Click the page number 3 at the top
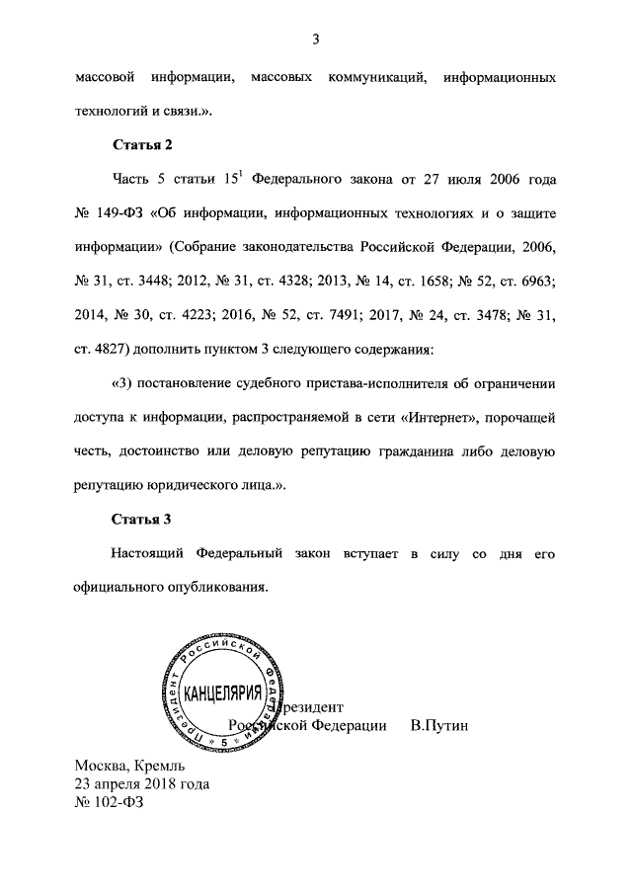(316, 40)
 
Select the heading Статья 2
(142, 145)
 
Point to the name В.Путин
(438, 726)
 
